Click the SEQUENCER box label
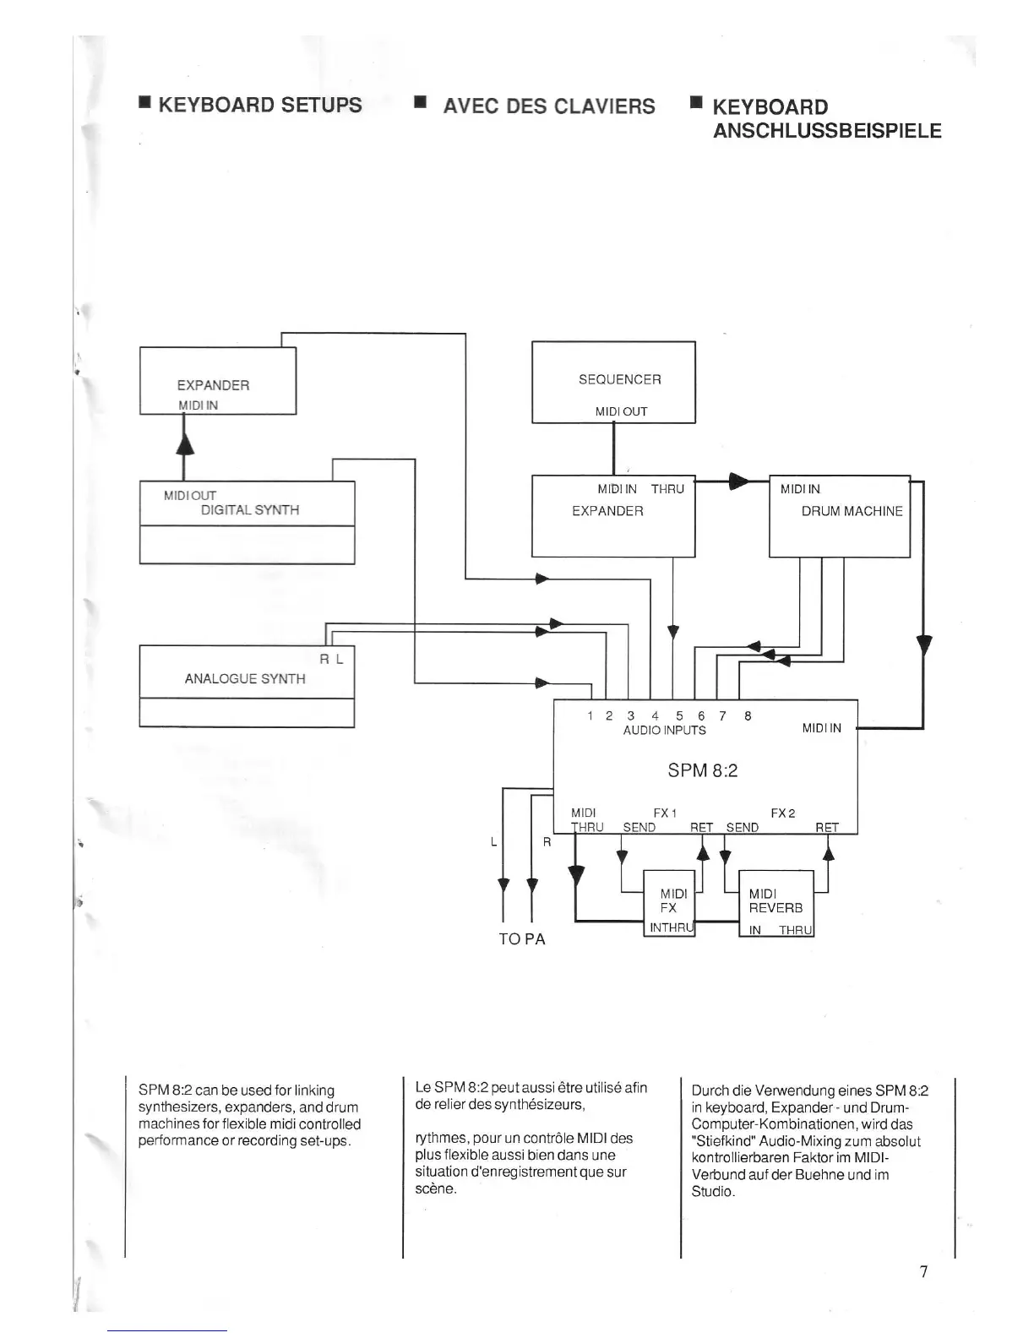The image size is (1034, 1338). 619,379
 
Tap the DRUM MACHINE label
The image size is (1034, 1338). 852,511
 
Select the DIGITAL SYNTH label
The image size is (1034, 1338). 250,509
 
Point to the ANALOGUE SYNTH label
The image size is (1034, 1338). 245,678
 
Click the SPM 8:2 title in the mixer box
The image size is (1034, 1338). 703,770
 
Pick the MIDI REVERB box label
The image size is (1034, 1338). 775,900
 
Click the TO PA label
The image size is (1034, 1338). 522,939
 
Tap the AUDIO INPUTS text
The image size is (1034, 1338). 664,730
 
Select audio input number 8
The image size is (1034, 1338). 748,715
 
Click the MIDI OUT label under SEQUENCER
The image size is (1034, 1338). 621,411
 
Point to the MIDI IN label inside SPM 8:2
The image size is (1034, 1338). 821,728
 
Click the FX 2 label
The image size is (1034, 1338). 782,813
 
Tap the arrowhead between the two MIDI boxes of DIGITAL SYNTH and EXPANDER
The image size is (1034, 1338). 184,440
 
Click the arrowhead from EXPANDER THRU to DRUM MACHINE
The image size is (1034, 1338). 737,481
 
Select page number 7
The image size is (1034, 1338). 923,1271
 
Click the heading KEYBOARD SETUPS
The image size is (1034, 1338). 259,105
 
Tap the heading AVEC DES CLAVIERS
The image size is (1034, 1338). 548,106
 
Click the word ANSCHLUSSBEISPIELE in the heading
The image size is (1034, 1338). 827,131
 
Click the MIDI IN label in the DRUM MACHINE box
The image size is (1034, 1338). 800,489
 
